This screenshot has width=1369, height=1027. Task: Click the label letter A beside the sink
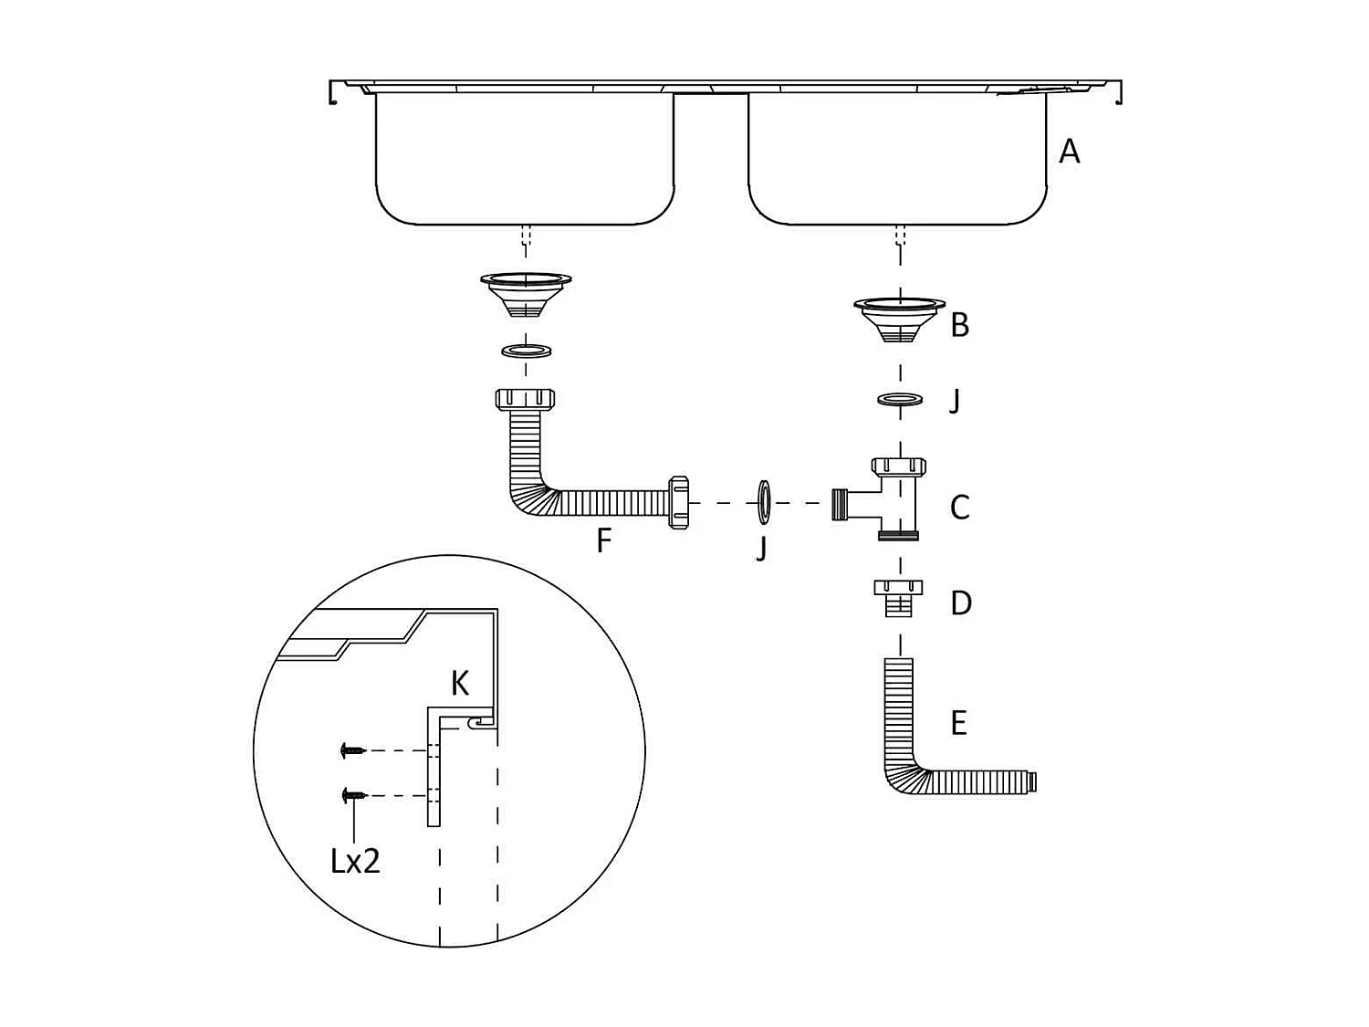(1069, 151)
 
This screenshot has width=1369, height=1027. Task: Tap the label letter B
(959, 324)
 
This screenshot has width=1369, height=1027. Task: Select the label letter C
(959, 507)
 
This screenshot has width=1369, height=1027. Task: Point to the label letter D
(960, 603)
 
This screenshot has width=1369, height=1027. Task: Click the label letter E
(958, 723)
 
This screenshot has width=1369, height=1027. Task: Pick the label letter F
(603, 540)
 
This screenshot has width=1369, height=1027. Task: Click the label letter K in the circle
(460, 683)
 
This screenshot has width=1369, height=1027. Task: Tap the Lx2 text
(355, 860)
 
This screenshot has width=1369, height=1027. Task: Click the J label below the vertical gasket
(762, 548)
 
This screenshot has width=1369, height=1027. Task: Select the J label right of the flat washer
(955, 401)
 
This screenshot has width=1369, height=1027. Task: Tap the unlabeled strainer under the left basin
(526, 292)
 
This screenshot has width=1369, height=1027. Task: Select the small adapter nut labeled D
(898, 597)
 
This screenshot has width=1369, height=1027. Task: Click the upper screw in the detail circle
(352, 750)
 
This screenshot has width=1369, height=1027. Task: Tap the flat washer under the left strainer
(527, 350)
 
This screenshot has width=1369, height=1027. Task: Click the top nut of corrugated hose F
(526, 399)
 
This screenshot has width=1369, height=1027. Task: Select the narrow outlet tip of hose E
(1031, 782)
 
